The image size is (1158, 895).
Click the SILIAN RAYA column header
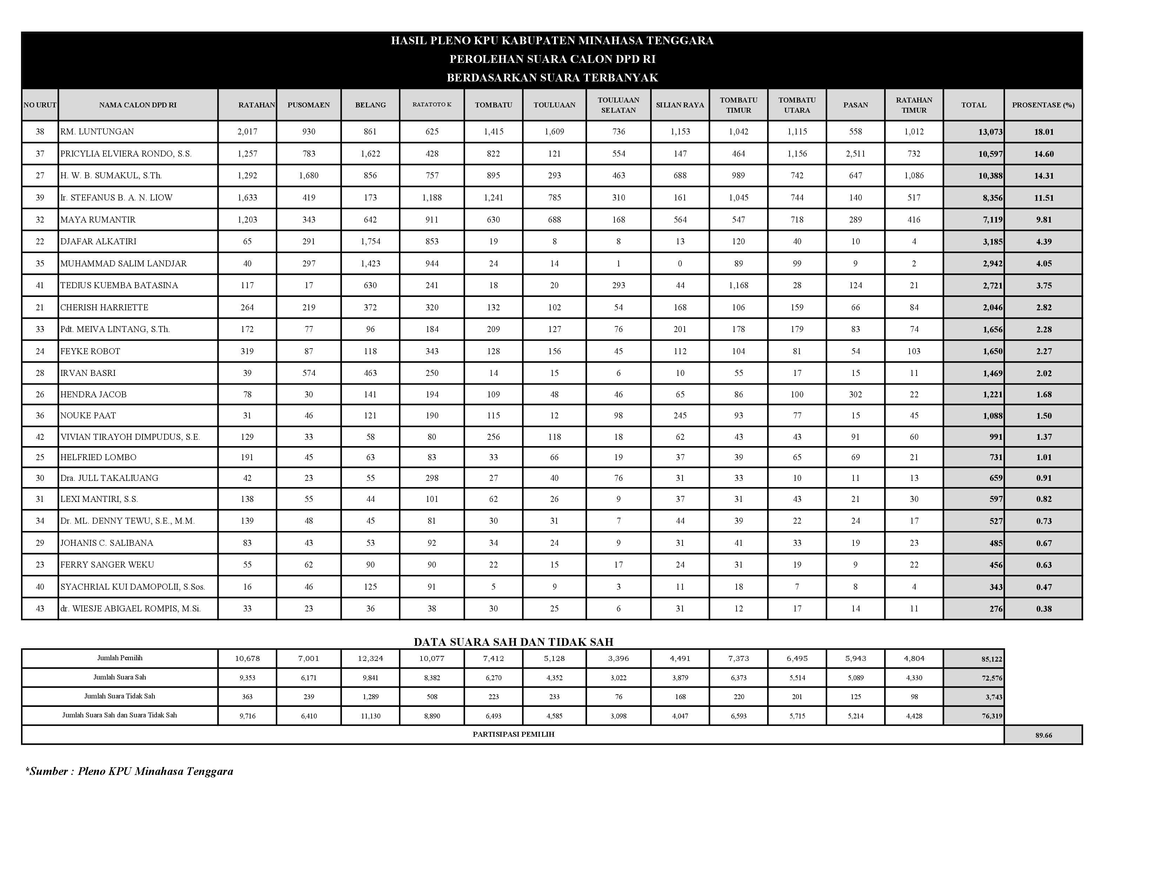(680, 105)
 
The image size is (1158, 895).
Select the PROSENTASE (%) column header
(1043, 105)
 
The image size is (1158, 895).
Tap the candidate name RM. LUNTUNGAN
(97, 132)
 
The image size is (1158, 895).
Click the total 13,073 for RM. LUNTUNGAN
(990, 132)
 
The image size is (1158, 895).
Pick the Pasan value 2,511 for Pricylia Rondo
(855, 154)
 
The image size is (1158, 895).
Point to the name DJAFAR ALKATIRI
(98, 241)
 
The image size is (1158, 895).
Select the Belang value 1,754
(370, 241)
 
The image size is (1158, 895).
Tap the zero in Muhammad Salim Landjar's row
(680, 264)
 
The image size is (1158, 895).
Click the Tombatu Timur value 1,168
(738, 285)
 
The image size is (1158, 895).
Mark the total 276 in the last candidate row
(996, 609)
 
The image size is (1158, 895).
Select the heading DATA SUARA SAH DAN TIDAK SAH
(513, 642)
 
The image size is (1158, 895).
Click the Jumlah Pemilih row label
(120, 658)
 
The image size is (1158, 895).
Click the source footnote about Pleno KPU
(129, 771)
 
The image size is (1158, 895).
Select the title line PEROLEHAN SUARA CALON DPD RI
(552, 59)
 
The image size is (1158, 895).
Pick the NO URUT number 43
(40, 609)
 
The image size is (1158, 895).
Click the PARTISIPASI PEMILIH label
(513, 734)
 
